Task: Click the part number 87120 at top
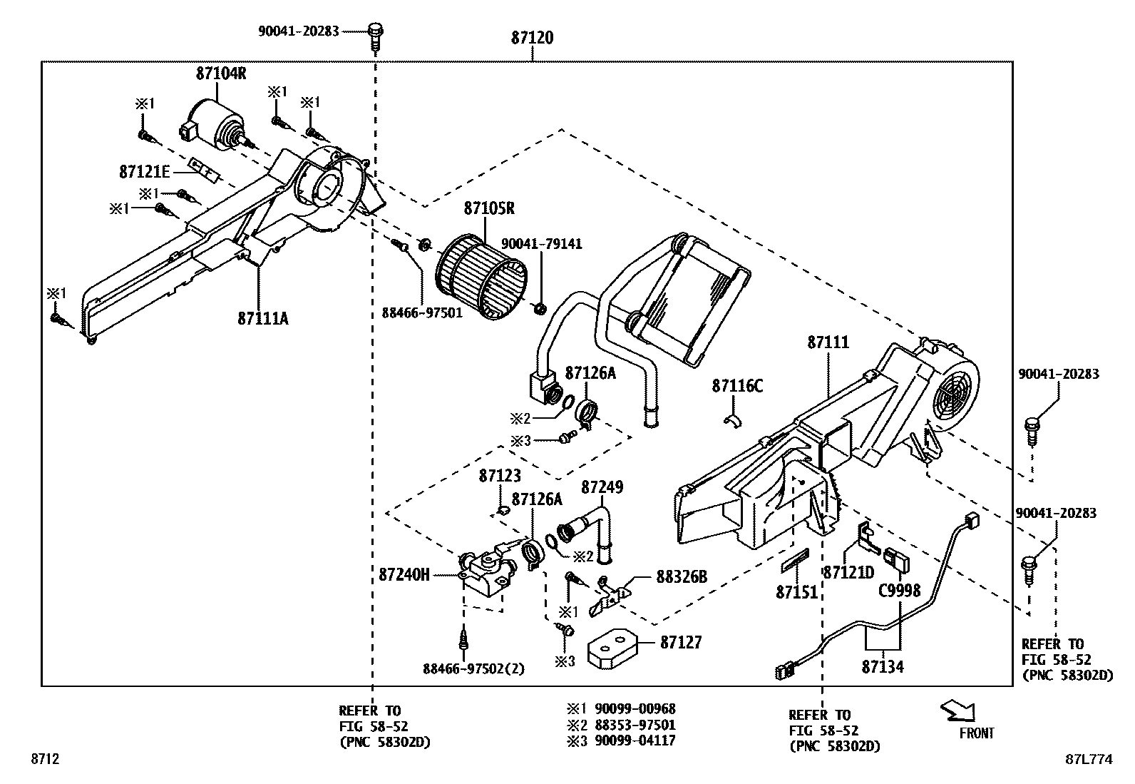[532, 38]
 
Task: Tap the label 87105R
[489, 208]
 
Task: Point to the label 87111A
[263, 318]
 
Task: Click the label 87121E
[145, 172]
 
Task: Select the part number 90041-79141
[541, 244]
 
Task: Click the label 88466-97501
[422, 312]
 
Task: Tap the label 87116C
[737, 386]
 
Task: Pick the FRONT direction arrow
[957, 711]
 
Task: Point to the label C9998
[899, 590]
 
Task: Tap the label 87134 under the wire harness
[882, 667]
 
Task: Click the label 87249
[602, 487]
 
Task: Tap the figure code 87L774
[1089, 760]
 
